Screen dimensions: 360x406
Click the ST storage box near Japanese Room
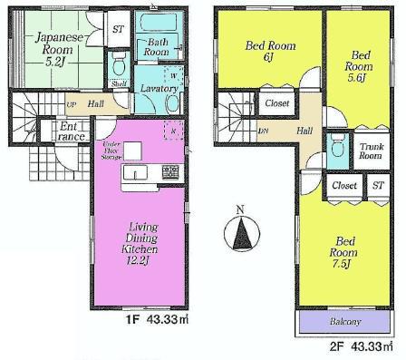(118, 29)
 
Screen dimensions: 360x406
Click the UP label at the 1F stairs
(71, 103)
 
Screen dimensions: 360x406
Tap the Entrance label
(71, 132)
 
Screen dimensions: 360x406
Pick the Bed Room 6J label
(267, 52)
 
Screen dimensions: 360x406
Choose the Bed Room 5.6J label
(360, 61)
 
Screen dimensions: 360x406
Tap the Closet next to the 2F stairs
(277, 103)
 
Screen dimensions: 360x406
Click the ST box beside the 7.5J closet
(378, 185)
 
